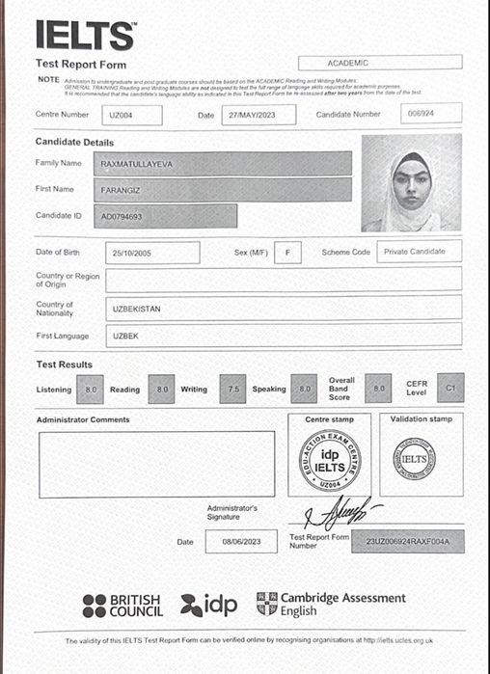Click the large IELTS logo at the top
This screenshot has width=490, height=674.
(85, 35)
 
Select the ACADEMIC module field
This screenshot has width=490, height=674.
(379, 62)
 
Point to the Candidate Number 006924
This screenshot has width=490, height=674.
(429, 114)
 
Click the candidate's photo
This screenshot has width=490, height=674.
(411, 183)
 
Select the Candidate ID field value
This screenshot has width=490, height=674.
(122, 216)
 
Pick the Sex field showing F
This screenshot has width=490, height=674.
(286, 253)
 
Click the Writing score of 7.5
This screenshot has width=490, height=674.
(232, 389)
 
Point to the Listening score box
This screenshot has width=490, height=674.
(92, 389)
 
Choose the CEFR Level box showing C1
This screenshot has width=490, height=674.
(449, 387)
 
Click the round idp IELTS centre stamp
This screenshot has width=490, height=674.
(330, 460)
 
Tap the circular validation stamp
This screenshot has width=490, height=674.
(414, 460)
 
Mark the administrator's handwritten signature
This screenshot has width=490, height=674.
(342, 508)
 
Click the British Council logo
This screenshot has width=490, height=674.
(122, 606)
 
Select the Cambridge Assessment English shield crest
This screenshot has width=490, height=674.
(266, 604)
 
